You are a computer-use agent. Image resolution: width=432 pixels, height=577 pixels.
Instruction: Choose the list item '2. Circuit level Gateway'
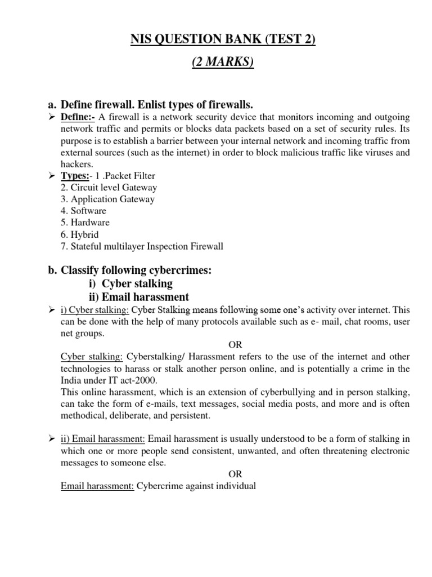[109, 187]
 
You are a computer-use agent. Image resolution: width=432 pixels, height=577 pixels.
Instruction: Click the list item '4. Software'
[83, 211]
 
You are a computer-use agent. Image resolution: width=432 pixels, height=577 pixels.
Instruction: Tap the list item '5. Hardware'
[85, 223]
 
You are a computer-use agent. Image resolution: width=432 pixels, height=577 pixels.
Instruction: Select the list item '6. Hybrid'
[80, 234]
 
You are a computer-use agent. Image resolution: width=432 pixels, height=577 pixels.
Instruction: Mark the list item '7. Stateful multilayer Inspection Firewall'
[142, 246]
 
